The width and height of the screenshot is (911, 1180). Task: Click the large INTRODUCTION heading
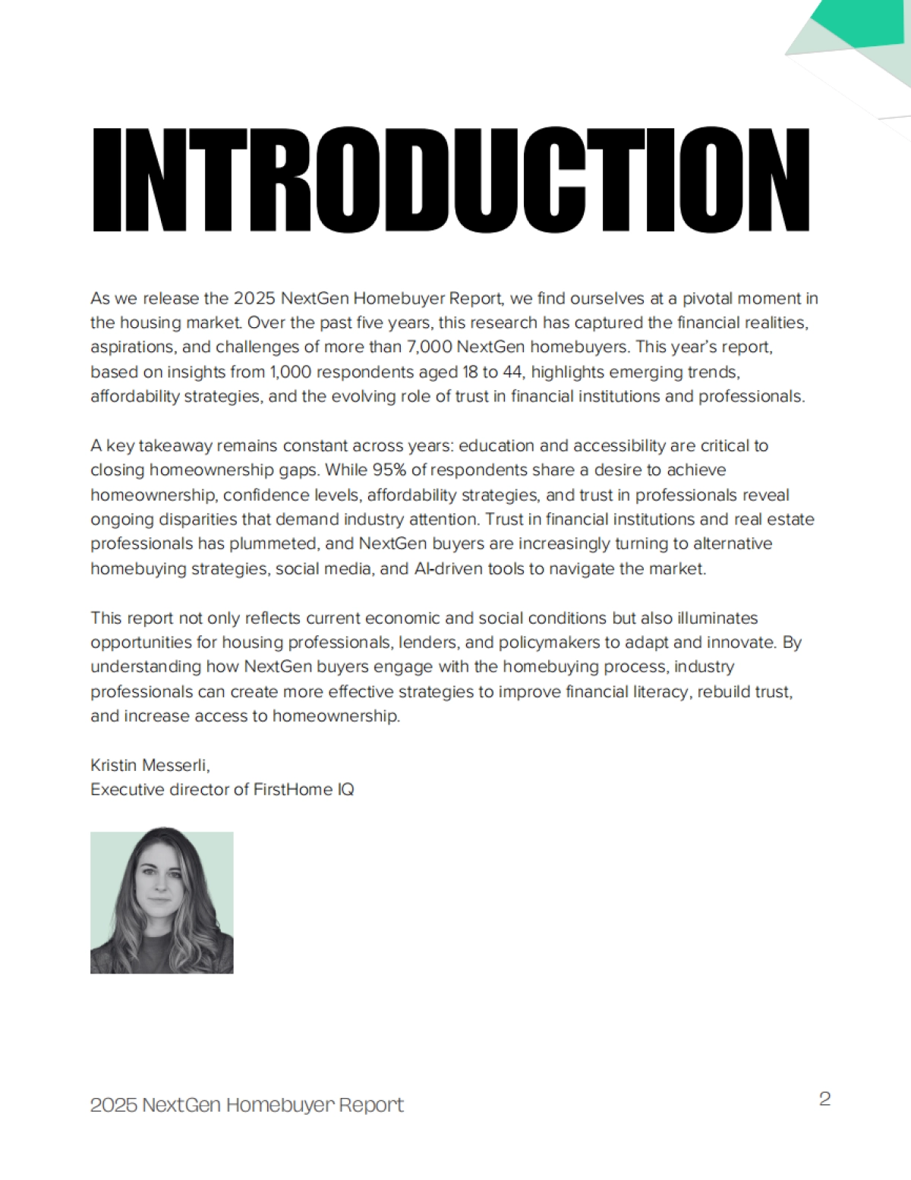point(451,180)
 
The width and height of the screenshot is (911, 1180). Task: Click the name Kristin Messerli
point(150,764)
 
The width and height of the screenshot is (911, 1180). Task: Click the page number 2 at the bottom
point(824,1099)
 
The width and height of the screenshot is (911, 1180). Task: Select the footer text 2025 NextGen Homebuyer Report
point(247,1105)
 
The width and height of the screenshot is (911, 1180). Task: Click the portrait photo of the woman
point(162,902)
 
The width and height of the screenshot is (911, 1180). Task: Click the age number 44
point(511,372)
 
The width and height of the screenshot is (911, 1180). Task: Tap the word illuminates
point(718,618)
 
